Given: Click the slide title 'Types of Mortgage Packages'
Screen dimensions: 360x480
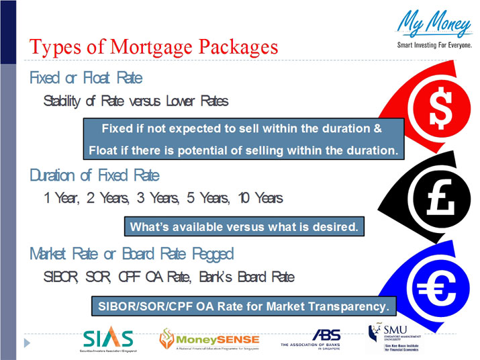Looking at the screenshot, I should point(154,48).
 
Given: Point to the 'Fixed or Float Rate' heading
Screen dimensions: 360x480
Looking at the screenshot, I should point(86,78).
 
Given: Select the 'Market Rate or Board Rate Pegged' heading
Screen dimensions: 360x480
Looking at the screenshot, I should point(132,254).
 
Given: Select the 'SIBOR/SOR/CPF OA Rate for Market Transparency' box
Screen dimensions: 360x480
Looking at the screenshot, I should point(244,306).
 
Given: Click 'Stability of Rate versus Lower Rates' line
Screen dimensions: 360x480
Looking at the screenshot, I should point(136,101).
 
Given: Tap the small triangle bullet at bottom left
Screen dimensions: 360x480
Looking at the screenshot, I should point(28,343).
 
